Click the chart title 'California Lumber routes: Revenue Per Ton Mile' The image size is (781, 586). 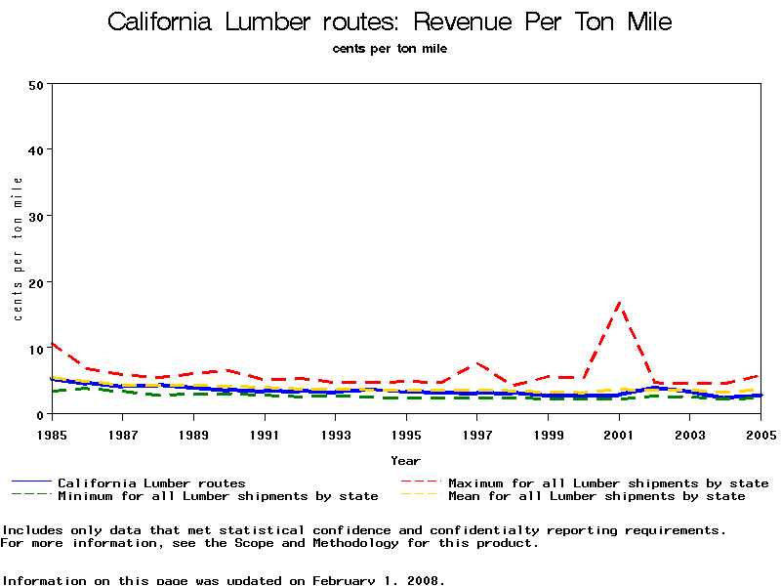click(x=390, y=21)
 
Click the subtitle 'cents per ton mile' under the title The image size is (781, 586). click(x=390, y=49)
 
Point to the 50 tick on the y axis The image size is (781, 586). click(x=37, y=84)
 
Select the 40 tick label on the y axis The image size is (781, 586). click(x=37, y=149)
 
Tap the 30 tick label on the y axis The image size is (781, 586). click(x=37, y=216)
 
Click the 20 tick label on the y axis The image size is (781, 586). click(x=37, y=282)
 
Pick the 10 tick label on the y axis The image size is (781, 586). click(x=37, y=349)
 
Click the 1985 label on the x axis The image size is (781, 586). click(x=51, y=433)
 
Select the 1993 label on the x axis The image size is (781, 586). click(x=335, y=433)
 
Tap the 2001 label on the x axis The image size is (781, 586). click(x=619, y=433)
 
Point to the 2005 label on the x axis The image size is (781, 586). click(x=760, y=433)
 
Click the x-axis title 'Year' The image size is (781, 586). click(x=405, y=460)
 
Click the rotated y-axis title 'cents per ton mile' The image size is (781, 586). click(x=18, y=249)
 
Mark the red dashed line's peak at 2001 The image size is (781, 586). click(x=619, y=304)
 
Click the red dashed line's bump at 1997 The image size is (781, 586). click(x=476, y=363)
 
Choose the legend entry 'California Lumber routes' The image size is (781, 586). click(x=151, y=482)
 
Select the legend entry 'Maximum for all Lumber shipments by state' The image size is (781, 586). click(x=607, y=482)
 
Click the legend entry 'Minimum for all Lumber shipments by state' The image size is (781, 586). click(x=217, y=496)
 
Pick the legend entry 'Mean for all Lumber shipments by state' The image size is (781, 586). click(x=596, y=496)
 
